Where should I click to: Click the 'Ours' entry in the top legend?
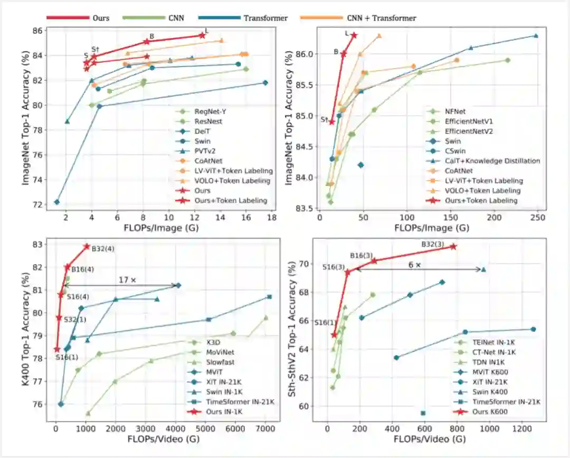click(100, 18)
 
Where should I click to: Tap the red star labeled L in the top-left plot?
click(202, 35)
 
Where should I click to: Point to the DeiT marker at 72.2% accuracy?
click(56, 202)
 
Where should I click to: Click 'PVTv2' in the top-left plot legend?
click(206, 151)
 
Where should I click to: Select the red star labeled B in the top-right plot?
click(344, 53)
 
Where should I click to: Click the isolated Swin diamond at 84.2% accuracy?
click(360, 165)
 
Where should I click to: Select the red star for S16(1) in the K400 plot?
click(56, 349)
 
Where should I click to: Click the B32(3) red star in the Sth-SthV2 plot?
click(453, 247)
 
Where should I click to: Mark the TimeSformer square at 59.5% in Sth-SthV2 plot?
click(423, 413)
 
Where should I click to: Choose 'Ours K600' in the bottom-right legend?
click(490, 412)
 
